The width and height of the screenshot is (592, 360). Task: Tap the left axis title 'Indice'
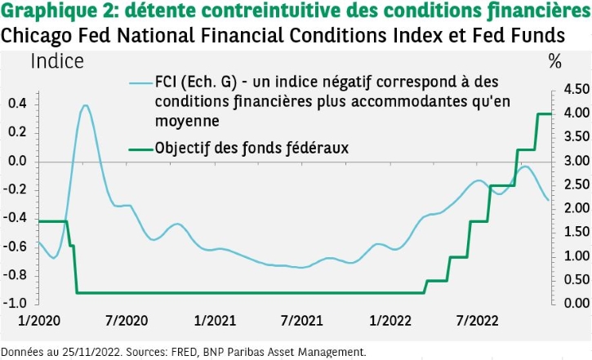(56, 61)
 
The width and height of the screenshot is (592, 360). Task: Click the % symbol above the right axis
(555, 61)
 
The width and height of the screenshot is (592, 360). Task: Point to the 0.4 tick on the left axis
(17, 104)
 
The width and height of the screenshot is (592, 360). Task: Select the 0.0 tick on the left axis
(17, 161)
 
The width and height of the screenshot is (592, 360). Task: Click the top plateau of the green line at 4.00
(544, 113)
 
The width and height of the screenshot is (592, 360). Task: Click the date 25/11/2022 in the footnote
(86, 352)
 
